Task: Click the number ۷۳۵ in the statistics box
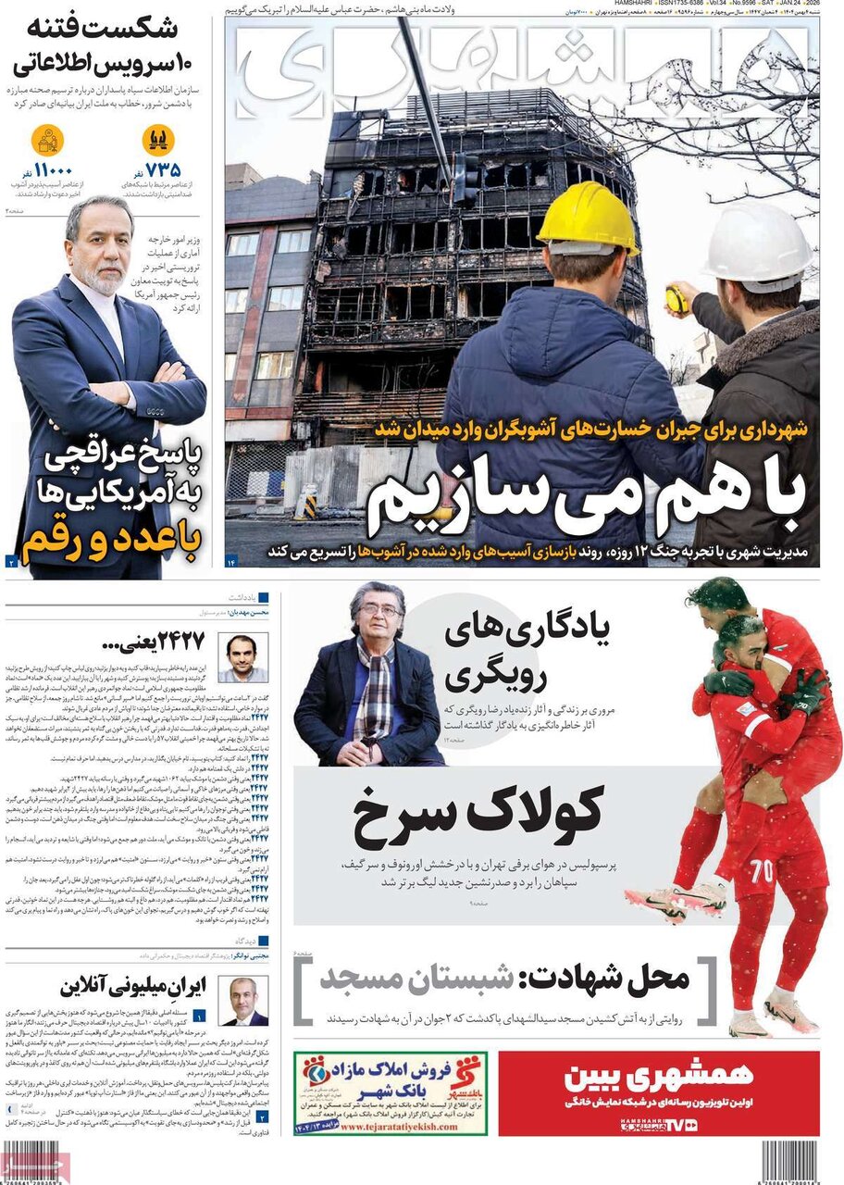(x=163, y=169)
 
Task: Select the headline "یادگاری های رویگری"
(x=527, y=652)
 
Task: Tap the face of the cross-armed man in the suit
(x=99, y=245)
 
